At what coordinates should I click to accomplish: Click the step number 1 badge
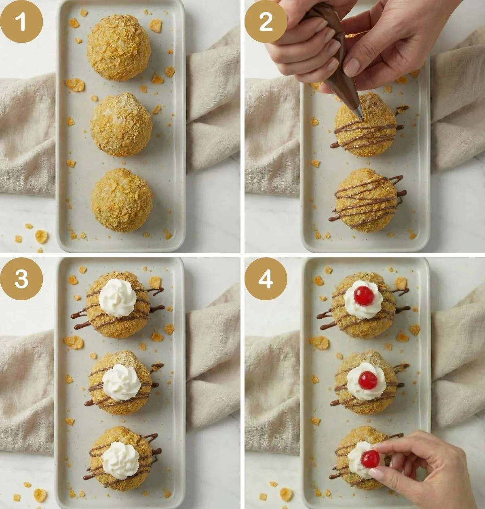point(21,21)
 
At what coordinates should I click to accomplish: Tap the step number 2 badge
point(266,21)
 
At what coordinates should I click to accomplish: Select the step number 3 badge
point(21,279)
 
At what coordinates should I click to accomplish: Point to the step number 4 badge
point(266,279)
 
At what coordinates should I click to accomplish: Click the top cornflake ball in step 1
point(119,48)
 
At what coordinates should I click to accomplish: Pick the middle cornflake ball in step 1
point(121,124)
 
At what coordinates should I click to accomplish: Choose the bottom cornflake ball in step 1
point(122,200)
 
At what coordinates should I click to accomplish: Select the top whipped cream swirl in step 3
point(118,298)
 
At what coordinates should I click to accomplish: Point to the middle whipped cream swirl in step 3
point(121,382)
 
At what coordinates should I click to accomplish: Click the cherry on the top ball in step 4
point(364,296)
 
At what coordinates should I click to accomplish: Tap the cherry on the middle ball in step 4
point(367,380)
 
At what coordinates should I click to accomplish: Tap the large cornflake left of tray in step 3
point(74,342)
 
